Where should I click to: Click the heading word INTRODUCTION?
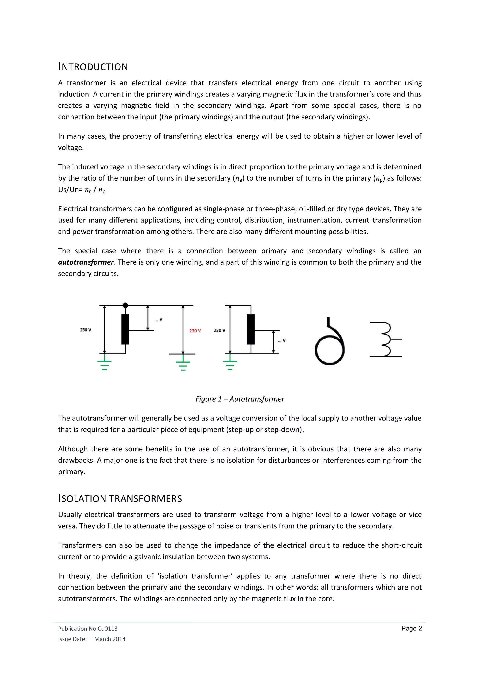(x=93, y=67)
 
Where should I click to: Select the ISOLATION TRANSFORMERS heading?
(x=120, y=498)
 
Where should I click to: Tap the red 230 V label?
(x=195, y=331)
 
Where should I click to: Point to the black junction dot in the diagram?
(x=125, y=305)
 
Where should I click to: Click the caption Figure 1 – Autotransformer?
(x=240, y=399)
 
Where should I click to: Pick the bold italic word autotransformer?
(x=86, y=262)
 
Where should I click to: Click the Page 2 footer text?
(x=411, y=628)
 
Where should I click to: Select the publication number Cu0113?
(x=108, y=629)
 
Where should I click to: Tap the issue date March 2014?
(x=110, y=639)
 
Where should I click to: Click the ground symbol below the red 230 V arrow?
(x=183, y=365)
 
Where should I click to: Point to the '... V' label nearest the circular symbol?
(x=282, y=340)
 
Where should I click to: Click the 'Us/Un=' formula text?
(x=70, y=190)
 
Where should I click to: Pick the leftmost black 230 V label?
(x=85, y=330)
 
